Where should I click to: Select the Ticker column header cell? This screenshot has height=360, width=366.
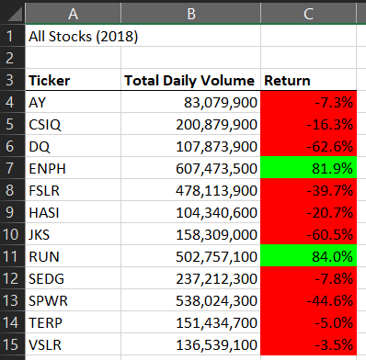click(50, 81)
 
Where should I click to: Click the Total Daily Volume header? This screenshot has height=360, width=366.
click(190, 81)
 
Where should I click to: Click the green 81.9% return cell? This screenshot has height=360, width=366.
click(309, 167)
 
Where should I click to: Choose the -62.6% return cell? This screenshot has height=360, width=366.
click(309, 145)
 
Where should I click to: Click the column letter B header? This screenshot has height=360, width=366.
click(190, 13)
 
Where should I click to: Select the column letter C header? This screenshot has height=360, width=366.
click(309, 13)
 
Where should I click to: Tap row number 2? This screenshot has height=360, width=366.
click(12, 59)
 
